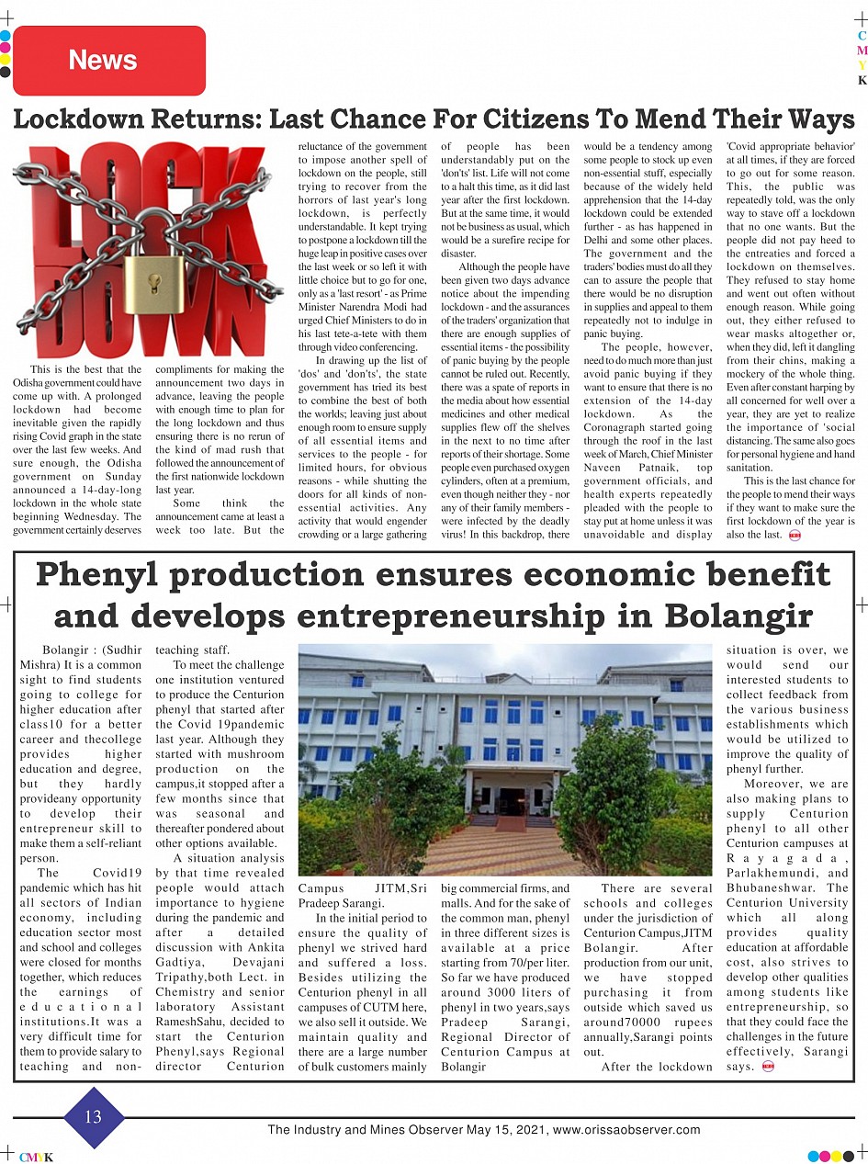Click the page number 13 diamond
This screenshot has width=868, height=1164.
(x=94, y=1117)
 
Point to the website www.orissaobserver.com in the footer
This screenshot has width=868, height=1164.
(x=627, y=1130)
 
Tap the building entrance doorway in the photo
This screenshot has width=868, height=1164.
(x=513, y=800)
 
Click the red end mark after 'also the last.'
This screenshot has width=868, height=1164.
(x=794, y=535)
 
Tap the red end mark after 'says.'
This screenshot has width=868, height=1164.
(x=768, y=1067)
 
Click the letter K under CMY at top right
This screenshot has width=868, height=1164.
(x=862, y=81)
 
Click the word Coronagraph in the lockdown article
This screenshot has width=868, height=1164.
(x=619, y=428)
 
